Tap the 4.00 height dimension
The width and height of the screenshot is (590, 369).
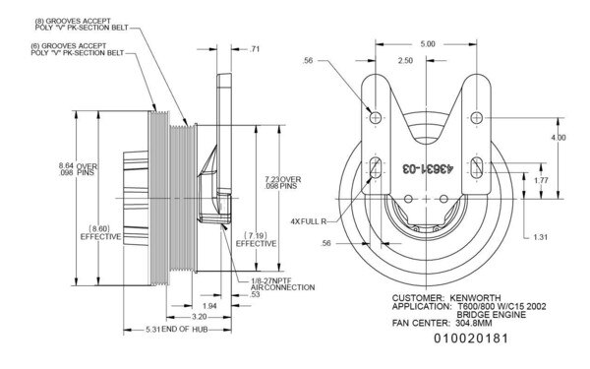(x=559, y=137)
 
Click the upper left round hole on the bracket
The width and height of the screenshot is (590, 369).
(x=376, y=117)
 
